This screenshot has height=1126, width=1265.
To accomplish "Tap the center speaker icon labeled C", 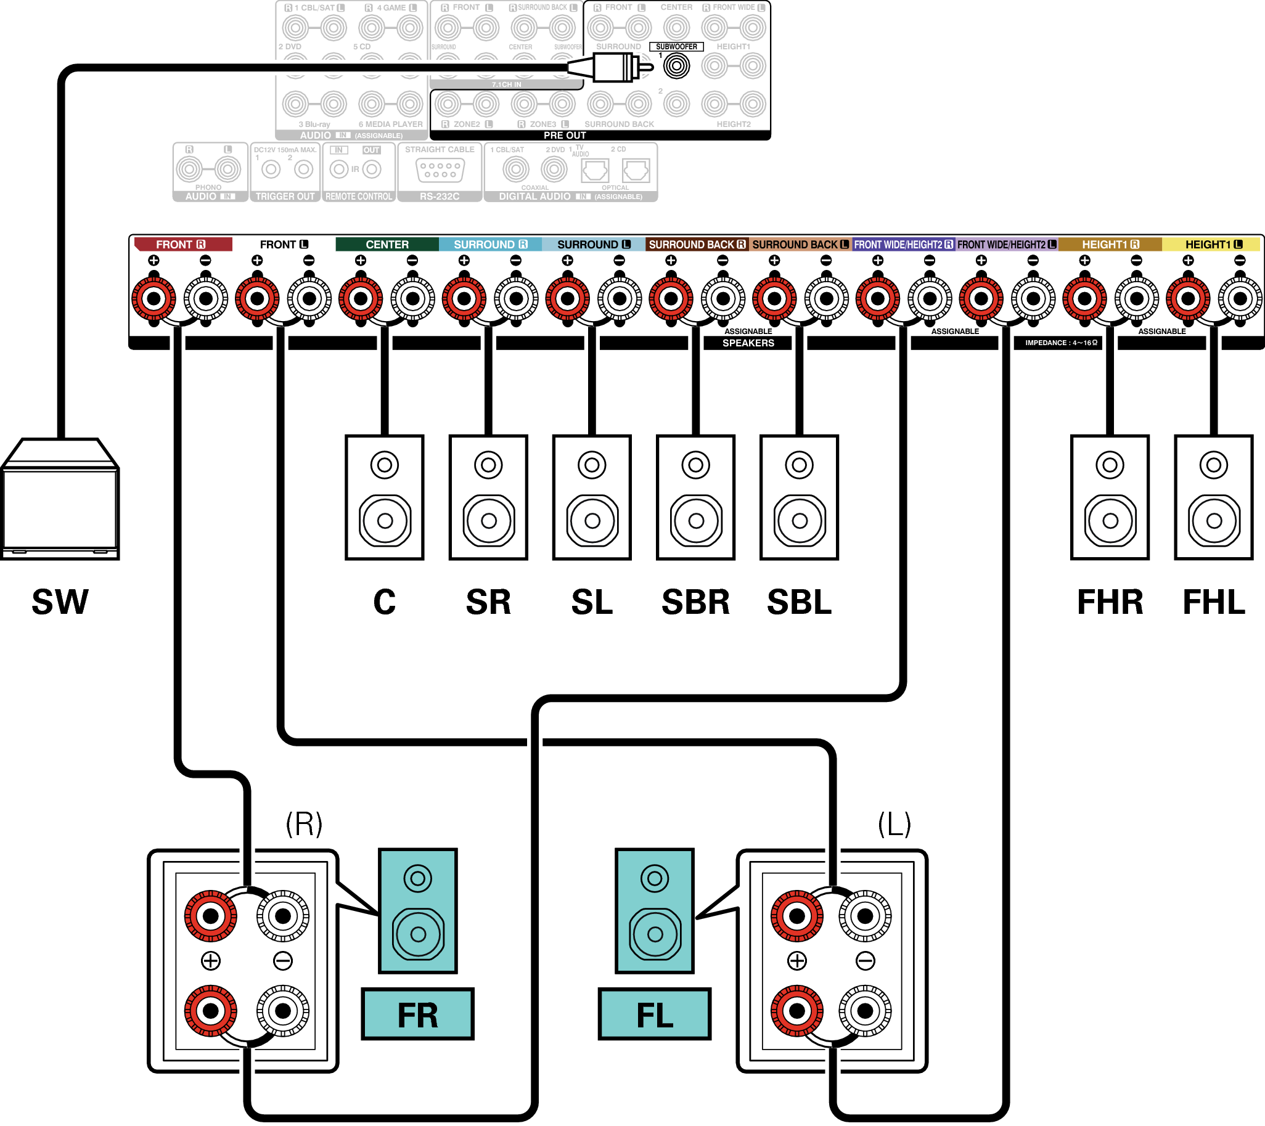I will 384,497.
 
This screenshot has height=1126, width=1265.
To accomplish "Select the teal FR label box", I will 418,1014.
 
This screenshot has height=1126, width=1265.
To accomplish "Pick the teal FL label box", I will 655,1014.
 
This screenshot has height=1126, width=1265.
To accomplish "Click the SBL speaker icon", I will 799,497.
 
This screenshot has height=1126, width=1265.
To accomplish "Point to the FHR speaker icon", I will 1110,497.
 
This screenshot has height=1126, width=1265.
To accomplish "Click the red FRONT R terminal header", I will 182,245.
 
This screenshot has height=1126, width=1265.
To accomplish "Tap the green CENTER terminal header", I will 387,245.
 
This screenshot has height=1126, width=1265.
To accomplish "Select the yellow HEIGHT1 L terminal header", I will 1212,245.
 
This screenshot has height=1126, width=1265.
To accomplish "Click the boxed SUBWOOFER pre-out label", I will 676,46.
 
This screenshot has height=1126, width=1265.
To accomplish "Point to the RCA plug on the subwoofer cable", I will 616,67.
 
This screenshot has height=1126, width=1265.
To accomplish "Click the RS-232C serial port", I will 440,169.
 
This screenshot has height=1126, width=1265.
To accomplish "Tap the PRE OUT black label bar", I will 565,135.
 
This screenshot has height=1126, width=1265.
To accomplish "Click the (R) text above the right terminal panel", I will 304,823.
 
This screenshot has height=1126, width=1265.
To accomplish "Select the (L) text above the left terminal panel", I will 895,823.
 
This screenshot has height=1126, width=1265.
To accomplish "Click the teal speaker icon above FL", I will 655,911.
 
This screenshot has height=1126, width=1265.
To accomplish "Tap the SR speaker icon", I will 488,497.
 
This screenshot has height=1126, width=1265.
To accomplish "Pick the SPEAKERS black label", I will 748,343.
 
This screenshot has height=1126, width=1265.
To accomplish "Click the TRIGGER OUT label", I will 285,196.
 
